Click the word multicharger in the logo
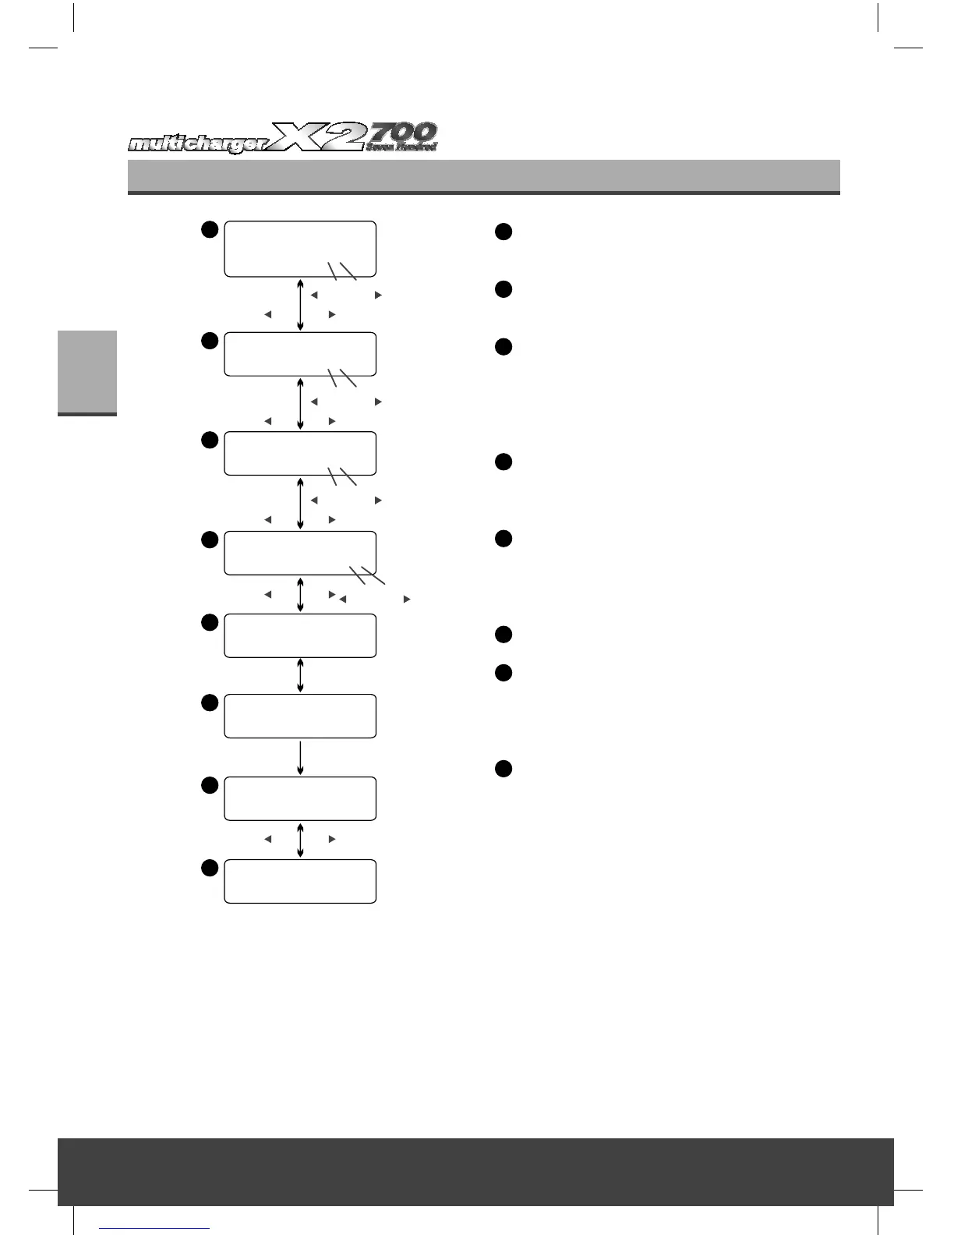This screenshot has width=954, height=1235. pos(199,144)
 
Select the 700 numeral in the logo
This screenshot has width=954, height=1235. pos(403,131)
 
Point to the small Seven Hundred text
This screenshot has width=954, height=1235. pos(402,147)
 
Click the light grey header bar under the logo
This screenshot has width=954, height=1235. pos(483,176)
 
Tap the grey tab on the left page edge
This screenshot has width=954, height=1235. pos(87,373)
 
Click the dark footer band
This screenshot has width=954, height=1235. pos(475,1171)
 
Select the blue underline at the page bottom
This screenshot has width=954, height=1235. pos(155,1228)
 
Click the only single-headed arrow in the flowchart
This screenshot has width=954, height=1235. pos(300,757)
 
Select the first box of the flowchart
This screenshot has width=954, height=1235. pos(300,249)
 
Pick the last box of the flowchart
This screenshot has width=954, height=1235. pos(300,881)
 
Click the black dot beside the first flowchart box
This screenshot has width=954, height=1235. pos(208,228)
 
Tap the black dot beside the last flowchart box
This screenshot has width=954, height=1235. pos(208,868)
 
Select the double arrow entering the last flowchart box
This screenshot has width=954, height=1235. pos(300,840)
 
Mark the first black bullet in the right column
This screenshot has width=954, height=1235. pos(503,232)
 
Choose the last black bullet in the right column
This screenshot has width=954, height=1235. pos(503,769)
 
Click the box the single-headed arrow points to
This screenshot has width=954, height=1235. pos(300,798)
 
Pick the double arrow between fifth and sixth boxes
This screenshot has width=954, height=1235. pos(300,675)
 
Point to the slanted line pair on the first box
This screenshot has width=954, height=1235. pos(341,271)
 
